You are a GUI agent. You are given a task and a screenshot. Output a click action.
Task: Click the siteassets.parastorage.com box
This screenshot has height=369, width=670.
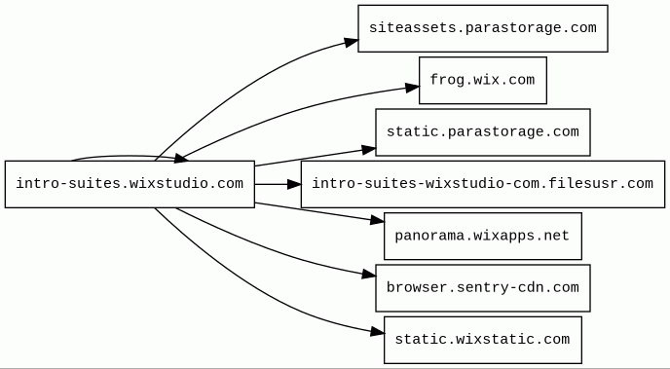pos(483,28)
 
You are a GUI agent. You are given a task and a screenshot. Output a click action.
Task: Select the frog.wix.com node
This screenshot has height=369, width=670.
pos(483,80)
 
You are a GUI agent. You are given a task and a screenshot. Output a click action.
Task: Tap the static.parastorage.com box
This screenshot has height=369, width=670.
pos(483,132)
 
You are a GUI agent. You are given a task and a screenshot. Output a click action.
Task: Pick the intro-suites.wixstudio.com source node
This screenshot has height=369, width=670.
pos(130,184)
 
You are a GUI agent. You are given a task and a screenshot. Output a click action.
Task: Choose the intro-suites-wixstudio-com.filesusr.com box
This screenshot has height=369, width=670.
pos(483,184)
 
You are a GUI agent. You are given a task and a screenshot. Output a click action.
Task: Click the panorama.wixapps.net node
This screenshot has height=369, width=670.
pos(483,236)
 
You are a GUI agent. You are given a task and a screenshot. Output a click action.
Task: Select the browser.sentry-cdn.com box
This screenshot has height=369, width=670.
pos(483,288)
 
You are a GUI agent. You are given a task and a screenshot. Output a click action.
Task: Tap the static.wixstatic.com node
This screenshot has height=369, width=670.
pos(483,340)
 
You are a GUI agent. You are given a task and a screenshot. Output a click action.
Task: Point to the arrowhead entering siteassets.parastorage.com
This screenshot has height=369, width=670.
pos(352,42)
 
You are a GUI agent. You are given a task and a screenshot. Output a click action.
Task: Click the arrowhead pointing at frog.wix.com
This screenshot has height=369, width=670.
pos(413,88)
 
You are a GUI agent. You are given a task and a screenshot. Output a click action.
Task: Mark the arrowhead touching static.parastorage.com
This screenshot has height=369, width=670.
pos(369,150)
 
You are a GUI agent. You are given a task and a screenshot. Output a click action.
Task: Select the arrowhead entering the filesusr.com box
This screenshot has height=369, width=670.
pos(294,184)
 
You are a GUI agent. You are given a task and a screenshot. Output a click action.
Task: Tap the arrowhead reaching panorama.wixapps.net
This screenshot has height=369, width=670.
pos(377,220)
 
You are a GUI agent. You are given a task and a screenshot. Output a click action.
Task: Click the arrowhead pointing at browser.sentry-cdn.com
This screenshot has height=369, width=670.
pos(369,275)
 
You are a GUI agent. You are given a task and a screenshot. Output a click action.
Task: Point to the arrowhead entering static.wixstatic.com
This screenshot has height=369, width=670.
pos(377,331)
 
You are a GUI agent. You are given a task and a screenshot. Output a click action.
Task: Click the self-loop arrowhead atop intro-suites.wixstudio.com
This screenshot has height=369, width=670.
pos(181,159)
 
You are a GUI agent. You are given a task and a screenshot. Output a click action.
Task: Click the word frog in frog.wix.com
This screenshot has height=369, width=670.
pos(446,80)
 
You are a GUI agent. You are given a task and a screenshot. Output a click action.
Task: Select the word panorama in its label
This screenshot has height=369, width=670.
pos(428,236)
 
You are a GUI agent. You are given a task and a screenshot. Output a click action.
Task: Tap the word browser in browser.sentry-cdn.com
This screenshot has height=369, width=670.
pos(415,287)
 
